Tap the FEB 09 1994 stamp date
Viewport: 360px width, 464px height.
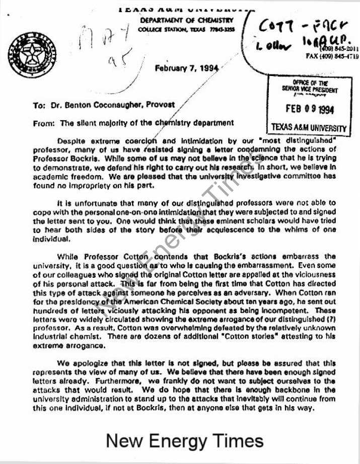coord(309,109)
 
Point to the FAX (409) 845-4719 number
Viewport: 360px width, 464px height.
coord(332,56)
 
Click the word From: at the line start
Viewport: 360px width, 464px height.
coord(44,122)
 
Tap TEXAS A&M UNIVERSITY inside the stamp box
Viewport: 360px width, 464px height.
coord(309,127)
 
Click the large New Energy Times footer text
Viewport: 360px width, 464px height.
coord(185,441)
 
